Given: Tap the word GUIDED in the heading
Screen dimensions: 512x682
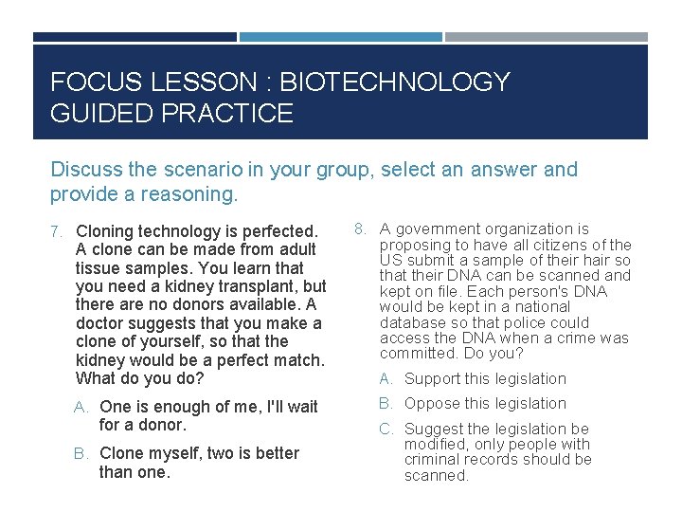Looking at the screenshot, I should point(101,114).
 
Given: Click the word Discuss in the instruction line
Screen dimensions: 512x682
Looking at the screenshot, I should point(82,170).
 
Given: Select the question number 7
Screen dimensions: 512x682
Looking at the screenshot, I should point(56,231).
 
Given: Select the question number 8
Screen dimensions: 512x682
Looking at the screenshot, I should point(360,228).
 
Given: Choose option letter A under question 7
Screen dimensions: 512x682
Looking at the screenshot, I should point(81,408).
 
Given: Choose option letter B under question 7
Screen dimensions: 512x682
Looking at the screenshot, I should point(81,454).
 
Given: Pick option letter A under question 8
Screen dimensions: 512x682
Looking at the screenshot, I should point(386,379).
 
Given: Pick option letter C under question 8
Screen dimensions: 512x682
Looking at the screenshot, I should point(386,429).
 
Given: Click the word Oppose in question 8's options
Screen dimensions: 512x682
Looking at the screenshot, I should point(433,404).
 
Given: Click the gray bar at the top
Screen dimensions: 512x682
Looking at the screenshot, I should point(547,37).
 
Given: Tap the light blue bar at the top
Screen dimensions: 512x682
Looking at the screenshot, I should point(340,37).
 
